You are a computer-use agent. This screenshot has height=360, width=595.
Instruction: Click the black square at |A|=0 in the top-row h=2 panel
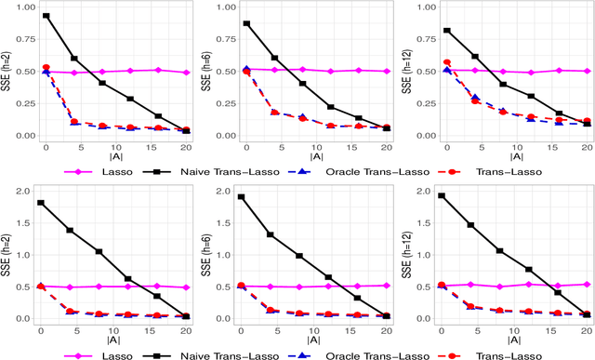(46, 16)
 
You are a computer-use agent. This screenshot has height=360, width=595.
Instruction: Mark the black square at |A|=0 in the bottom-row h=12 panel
(443, 196)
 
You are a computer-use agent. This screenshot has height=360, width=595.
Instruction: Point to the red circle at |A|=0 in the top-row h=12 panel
(443, 62)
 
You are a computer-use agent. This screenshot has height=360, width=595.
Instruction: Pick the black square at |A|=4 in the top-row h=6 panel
(272, 58)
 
